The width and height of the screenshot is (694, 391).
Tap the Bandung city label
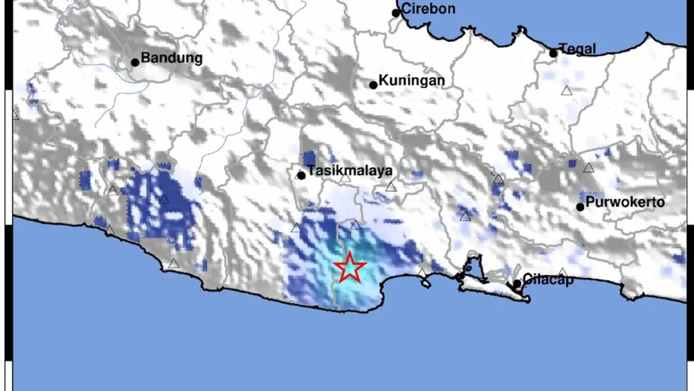172,58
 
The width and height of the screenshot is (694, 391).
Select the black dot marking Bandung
135,62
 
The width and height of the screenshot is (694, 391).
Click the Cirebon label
428,9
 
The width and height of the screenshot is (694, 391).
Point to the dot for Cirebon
396,13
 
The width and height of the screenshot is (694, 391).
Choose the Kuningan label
412,81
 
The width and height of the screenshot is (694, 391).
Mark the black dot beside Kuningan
374,85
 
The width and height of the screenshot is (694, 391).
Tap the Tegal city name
577,49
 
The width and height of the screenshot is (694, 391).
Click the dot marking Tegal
553,53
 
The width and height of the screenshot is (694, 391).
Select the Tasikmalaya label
350,171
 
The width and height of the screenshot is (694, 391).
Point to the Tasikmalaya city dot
301,175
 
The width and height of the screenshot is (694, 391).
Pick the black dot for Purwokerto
580,207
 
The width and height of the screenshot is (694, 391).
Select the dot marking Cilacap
517,284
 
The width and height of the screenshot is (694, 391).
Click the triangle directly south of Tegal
566,90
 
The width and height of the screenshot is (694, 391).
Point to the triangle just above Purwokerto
588,168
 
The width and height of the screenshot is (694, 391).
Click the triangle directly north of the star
356,225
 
